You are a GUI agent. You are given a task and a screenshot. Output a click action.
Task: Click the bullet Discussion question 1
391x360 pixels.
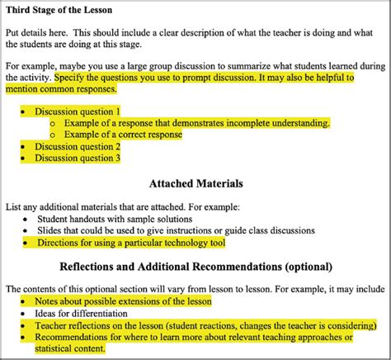click(78, 111)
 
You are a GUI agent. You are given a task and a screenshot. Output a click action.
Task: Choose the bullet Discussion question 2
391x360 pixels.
click(78, 146)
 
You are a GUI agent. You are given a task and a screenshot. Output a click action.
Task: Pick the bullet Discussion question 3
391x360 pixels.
click(78, 158)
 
